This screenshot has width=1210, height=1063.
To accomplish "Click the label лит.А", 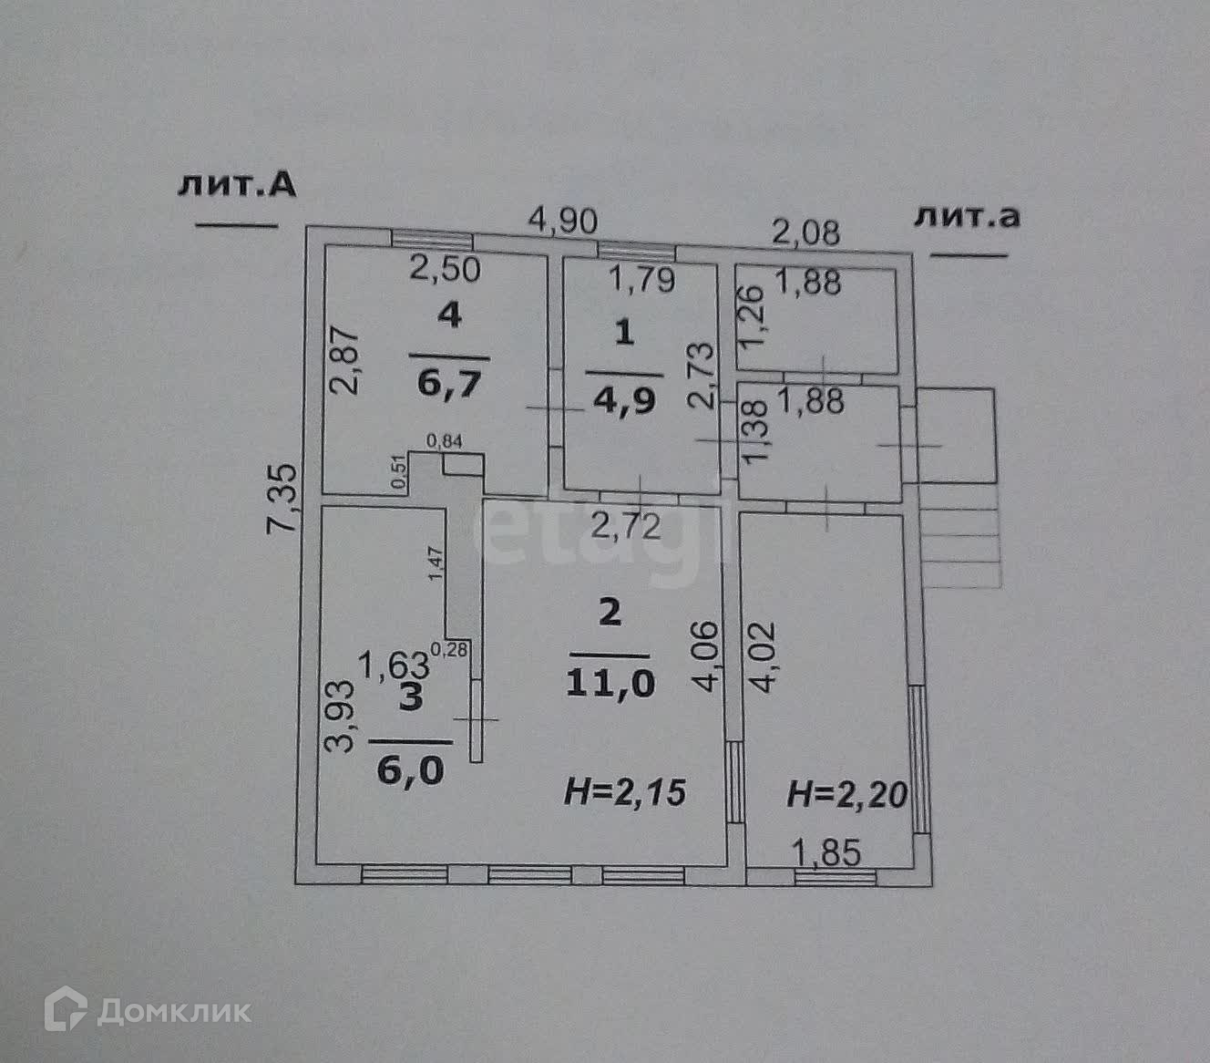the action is pos(237,185).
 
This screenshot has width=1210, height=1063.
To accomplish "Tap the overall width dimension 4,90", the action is pos(564,221).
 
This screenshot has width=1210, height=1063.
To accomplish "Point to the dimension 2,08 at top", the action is pos(805,232).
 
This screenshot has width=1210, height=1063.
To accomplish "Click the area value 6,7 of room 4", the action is pos(448,384).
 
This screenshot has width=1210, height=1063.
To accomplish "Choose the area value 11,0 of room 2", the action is pos(610,684).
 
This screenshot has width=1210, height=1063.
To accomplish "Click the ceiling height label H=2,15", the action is pos(624,792).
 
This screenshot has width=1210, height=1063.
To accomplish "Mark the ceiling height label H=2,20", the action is pos(847,796).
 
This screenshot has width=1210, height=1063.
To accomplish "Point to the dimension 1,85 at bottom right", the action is pos(825,854).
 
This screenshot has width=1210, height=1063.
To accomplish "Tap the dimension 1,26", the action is pos(750,315).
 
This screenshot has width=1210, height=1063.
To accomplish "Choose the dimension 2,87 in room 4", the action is pos(345,360).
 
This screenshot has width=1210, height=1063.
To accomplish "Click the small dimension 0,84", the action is pos(446,441).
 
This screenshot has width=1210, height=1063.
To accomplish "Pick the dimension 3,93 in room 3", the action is pos(340,715).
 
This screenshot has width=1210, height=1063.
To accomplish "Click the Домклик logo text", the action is pos(173,1011).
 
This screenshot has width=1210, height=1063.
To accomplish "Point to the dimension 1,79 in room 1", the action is pos(642,279).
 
